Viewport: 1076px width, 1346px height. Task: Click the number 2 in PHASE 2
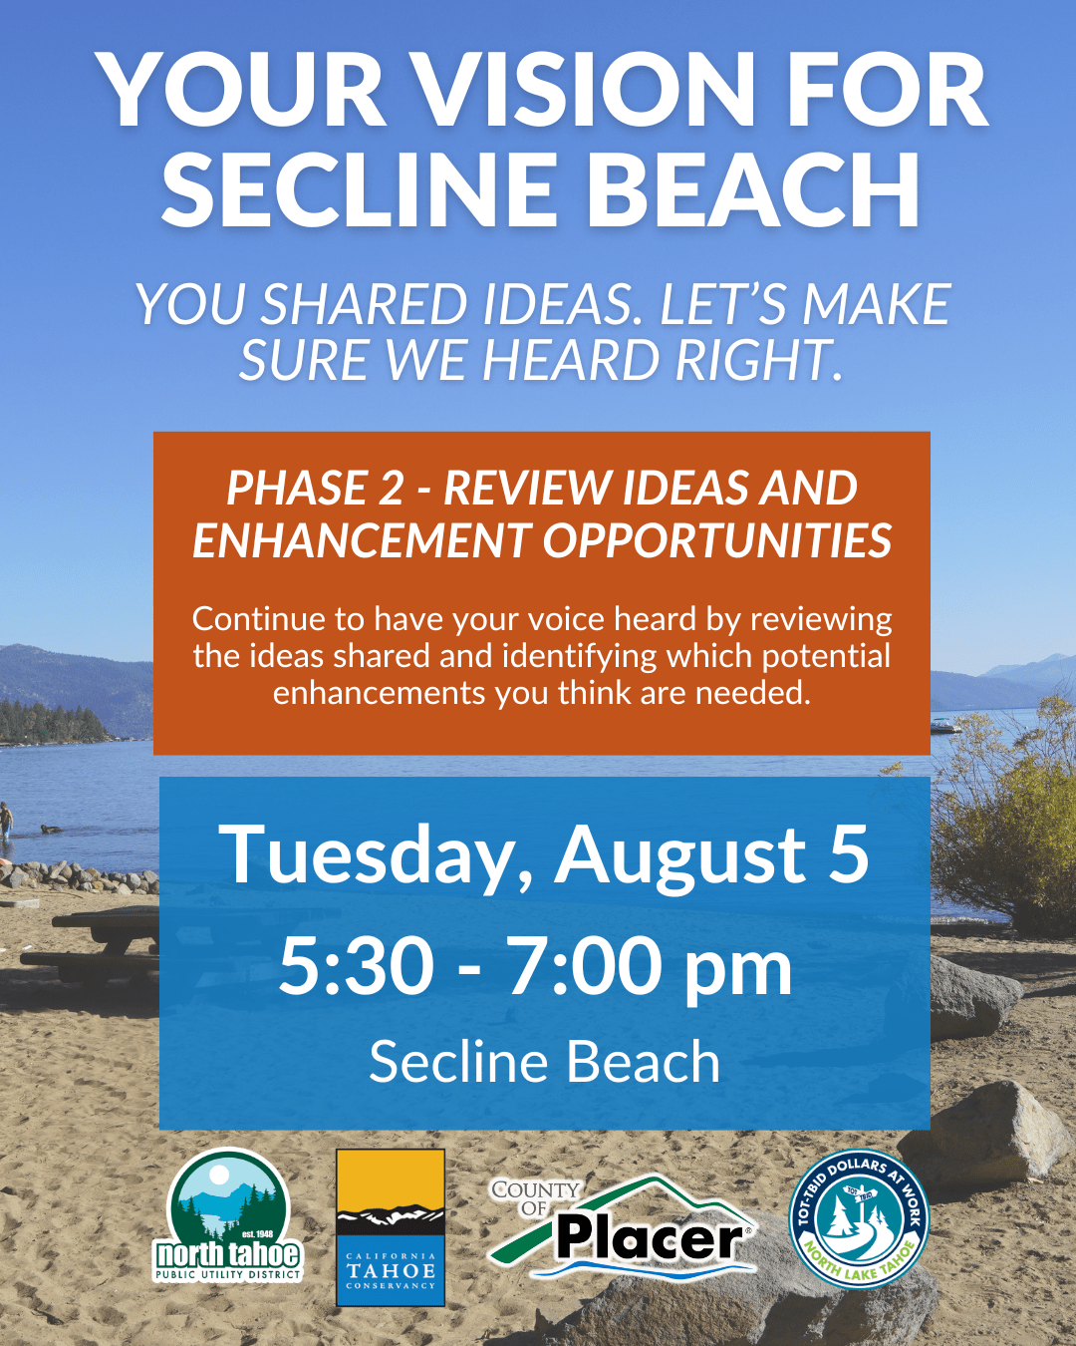(391, 489)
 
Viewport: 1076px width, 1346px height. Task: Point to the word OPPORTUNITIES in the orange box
(717, 541)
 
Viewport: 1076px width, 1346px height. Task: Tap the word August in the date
(680, 855)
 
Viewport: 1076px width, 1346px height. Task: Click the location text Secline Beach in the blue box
(544, 1062)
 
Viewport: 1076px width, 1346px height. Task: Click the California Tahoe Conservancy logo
(391, 1227)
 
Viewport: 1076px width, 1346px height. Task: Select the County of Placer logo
(623, 1225)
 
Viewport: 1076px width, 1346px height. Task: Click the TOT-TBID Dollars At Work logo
(859, 1219)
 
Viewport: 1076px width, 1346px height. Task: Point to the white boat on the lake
(943, 725)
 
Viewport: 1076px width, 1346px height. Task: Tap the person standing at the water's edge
(6, 821)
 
